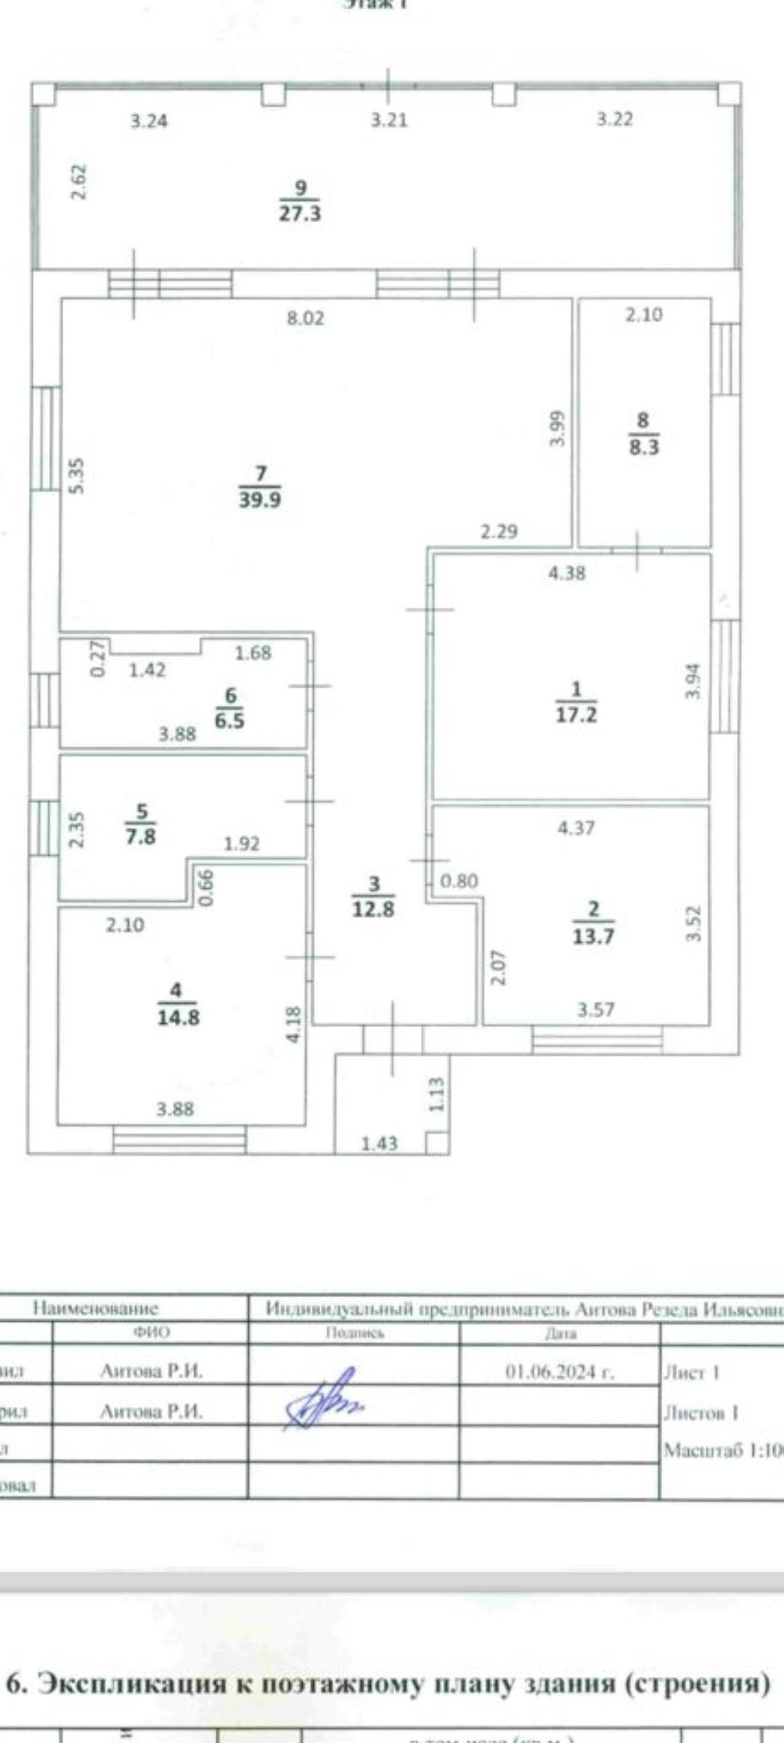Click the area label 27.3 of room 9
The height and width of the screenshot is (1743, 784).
(300, 214)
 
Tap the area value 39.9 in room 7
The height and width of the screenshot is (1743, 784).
(260, 500)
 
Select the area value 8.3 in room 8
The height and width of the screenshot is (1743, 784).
(644, 447)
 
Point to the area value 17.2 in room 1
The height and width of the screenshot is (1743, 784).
(576, 715)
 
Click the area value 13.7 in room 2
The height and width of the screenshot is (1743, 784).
(593, 936)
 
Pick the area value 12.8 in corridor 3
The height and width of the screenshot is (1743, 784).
(373, 909)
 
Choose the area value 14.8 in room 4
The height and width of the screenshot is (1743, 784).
(179, 1017)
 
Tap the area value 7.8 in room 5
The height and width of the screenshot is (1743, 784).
(140, 836)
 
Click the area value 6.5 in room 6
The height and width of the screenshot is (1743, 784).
(230, 721)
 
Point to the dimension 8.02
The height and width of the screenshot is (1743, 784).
(306, 318)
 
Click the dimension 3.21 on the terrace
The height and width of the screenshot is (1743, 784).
(389, 120)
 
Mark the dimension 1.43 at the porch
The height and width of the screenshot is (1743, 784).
(380, 1144)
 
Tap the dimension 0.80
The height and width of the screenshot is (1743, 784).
(460, 881)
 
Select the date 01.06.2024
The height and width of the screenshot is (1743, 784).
(560, 1372)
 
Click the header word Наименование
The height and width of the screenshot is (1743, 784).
(95, 1309)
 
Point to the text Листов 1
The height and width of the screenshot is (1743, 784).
(701, 1413)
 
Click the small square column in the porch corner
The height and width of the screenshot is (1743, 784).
(436, 1142)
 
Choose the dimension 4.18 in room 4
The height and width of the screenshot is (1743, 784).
(294, 1024)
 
